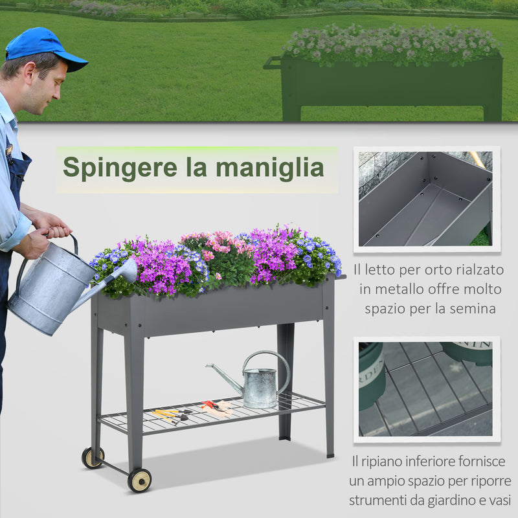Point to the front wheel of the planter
click(x=139, y=480)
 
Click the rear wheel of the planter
click(x=92, y=457)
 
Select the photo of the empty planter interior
click(x=426, y=199)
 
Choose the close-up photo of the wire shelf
click(x=426, y=388)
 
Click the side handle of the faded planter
click(x=272, y=63)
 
